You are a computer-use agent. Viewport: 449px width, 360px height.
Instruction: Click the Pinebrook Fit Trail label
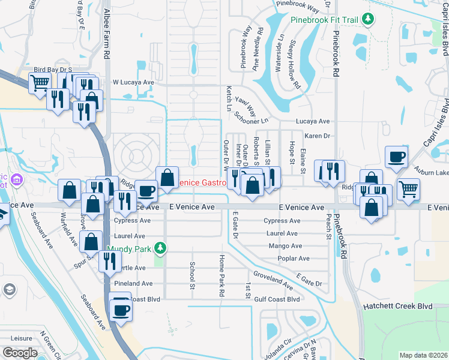point(325,20)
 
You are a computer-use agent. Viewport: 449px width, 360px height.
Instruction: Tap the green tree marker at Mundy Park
point(159,247)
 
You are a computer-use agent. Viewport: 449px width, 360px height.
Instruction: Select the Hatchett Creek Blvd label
point(397,306)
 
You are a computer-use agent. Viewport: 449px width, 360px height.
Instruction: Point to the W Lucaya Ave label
point(133,82)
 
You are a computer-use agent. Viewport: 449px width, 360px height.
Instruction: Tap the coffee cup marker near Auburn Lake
point(397,158)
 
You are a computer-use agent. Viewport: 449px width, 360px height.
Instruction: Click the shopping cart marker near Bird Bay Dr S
point(40,83)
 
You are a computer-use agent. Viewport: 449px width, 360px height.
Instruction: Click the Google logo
point(20,353)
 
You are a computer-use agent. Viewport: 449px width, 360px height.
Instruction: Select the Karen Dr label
point(318,136)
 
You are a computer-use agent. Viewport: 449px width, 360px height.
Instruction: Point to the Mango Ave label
point(286,246)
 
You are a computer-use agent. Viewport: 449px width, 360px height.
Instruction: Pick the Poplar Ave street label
point(294,259)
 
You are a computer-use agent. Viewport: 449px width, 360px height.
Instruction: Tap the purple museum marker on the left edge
point(16,179)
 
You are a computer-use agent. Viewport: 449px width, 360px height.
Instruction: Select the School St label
point(193,274)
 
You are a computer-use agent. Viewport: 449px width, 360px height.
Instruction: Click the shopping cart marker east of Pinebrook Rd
point(408,189)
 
